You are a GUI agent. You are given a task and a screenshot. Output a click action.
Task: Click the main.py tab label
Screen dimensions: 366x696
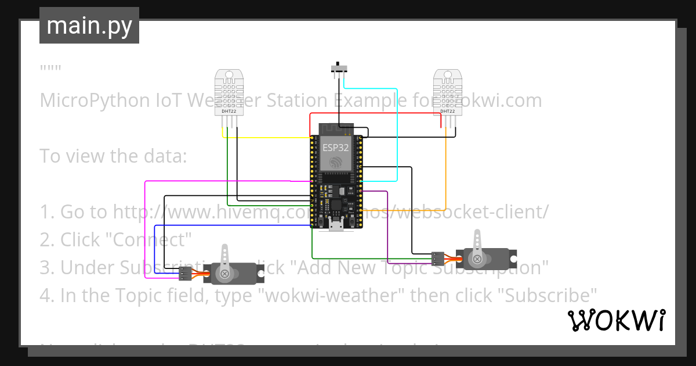coord(89,26)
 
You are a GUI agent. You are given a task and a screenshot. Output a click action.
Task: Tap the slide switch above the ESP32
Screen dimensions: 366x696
coord(339,67)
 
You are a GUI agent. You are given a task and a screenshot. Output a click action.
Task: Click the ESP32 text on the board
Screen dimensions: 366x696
coord(336,148)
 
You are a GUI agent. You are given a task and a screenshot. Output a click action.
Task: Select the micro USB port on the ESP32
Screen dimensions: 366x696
coord(336,225)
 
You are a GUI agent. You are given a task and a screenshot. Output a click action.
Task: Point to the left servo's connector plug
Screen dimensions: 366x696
coord(185,273)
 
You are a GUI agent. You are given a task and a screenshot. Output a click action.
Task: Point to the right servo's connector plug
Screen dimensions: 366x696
coord(438,257)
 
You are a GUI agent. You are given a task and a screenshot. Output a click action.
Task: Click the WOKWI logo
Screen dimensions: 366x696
coord(616,320)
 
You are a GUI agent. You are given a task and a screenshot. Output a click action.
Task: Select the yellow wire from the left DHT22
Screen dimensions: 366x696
coord(267,138)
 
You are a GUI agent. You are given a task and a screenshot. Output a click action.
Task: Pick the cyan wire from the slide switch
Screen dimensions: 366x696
coord(396,134)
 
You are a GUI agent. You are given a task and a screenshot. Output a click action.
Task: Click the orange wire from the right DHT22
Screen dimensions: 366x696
coord(445,174)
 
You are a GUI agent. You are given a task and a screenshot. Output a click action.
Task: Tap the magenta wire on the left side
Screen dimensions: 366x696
coord(144,221)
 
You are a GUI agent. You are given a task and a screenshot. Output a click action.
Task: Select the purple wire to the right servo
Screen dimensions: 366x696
coord(387,227)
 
